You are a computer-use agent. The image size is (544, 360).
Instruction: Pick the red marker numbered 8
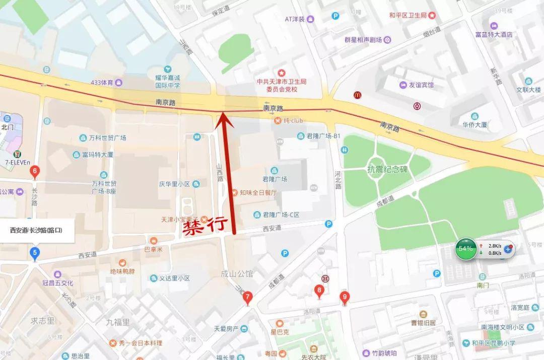(319, 291)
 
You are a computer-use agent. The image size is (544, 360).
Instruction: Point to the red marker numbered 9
(345, 297)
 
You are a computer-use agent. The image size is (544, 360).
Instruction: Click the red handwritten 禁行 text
(205, 227)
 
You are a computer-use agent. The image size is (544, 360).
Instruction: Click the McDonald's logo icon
(358, 95)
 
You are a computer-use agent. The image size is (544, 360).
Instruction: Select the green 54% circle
(466, 248)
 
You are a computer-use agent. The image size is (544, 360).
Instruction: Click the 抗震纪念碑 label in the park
(387, 169)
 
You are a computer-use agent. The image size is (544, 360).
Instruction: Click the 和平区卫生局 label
(408, 16)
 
